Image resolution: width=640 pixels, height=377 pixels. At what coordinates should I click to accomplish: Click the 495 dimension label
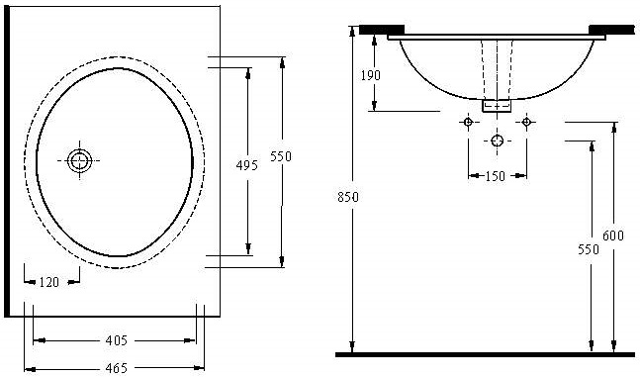pos(247,165)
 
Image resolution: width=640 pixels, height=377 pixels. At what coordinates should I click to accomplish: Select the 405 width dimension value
pos(117,340)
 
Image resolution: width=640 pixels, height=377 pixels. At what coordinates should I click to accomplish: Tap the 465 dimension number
pos(117,368)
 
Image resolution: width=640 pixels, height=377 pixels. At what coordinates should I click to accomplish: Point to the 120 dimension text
pos(49,282)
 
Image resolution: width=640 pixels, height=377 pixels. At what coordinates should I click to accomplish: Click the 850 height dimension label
pos(348,197)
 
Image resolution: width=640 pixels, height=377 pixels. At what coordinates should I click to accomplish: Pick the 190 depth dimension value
pos(370,75)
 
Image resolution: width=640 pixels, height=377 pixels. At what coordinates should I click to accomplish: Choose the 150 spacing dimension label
pos(496,176)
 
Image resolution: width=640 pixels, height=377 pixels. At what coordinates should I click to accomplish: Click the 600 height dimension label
pos(613,236)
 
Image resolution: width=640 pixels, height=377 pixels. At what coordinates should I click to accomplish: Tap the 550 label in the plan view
pos(281,156)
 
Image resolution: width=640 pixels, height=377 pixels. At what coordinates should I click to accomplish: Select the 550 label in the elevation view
pos(589,249)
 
